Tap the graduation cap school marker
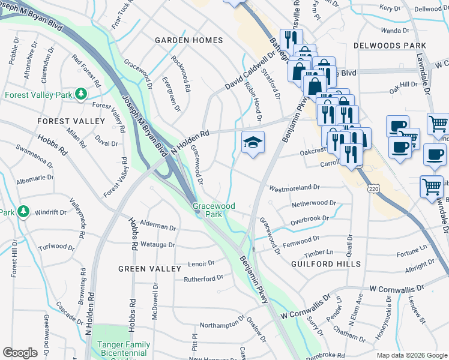point(253,142)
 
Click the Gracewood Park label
point(214,210)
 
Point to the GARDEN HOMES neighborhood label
point(188,40)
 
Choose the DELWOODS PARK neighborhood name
point(390,46)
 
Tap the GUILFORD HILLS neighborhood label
point(326,264)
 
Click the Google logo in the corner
point(20,352)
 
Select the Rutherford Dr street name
point(203,278)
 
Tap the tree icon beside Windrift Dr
point(23,212)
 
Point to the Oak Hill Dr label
point(403,85)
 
